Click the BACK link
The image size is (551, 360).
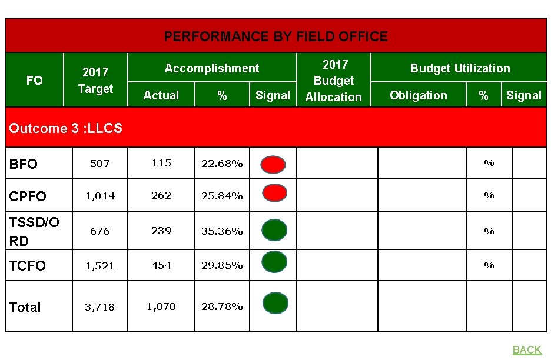[x=526, y=350]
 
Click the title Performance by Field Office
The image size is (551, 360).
[x=275, y=36]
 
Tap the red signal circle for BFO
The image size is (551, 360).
[x=273, y=164]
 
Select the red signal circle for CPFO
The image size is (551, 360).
[x=273, y=194]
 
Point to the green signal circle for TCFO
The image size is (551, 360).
[x=274, y=262]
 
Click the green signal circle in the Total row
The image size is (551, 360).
[x=274, y=303]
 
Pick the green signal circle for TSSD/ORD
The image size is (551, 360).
[x=274, y=230]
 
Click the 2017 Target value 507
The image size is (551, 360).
[x=99, y=164]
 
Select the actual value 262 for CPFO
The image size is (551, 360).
[x=161, y=195]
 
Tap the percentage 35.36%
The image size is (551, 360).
[x=222, y=231]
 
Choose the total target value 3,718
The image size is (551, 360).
[x=99, y=307]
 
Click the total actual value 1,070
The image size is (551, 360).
[x=161, y=306]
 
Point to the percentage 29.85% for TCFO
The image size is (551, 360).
[x=222, y=266]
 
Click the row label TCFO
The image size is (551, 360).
[x=28, y=266]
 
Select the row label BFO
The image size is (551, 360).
[x=24, y=164]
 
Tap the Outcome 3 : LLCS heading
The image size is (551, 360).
[x=66, y=128]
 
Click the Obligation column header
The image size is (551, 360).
[x=418, y=95]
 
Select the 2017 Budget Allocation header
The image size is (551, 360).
[x=334, y=81]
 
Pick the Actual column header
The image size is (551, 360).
[x=161, y=95]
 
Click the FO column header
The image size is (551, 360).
[x=35, y=81]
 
